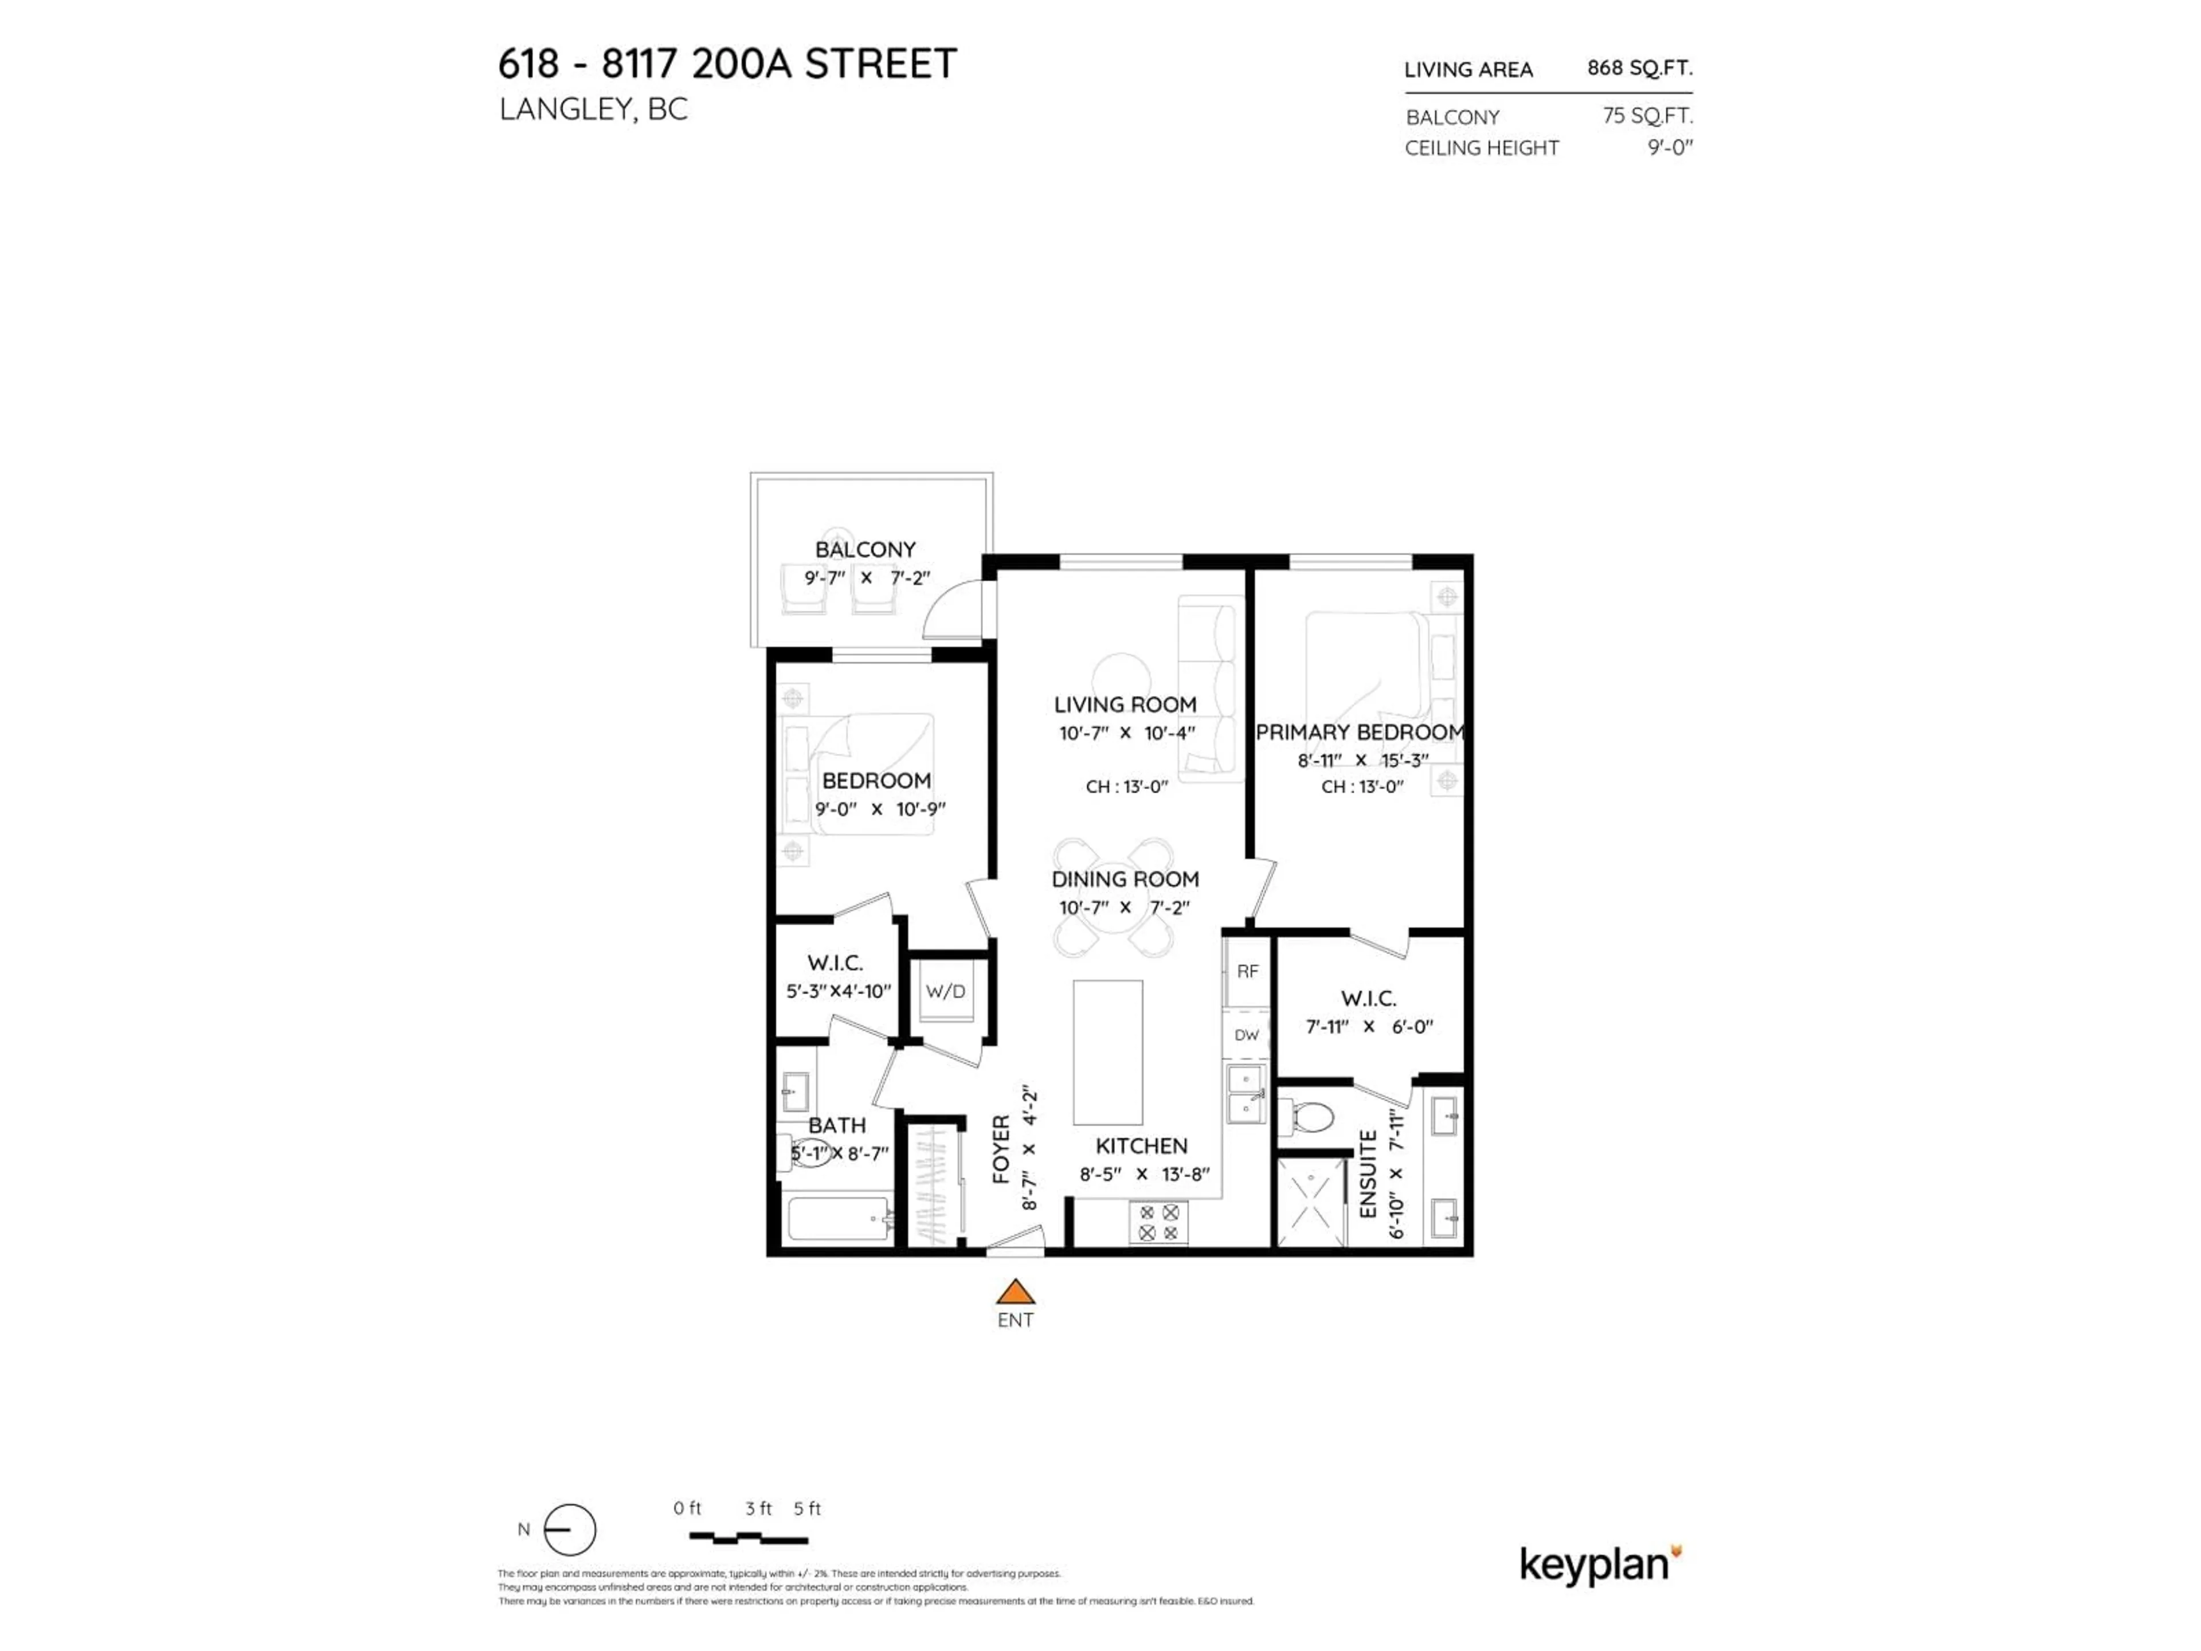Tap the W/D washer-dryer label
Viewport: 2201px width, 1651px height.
pyautogui.click(x=945, y=991)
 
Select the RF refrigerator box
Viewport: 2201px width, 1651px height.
pyautogui.click(x=1247, y=971)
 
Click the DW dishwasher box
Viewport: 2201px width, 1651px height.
pyautogui.click(x=1247, y=1035)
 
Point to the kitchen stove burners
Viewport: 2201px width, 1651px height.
pyautogui.click(x=1158, y=1222)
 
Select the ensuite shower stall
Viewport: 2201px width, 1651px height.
pyautogui.click(x=1310, y=1201)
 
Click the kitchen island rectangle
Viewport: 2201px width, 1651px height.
pyautogui.click(x=1107, y=1052)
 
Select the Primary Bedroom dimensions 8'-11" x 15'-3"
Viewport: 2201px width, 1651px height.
pyautogui.click(x=1362, y=760)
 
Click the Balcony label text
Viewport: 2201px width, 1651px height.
pyautogui.click(x=865, y=549)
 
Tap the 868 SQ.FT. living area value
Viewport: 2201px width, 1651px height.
pyautogui.click(x=1639, y=68)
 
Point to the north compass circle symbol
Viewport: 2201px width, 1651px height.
pyautogui.click(x=570, y=1529)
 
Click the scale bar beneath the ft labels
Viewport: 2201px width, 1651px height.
pyautogui.click(x=748, y=1539)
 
